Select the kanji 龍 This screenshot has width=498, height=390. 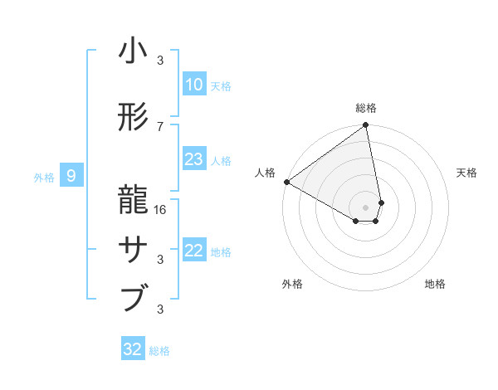[x=133, y=199]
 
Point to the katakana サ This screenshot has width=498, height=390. [x=133, y=249]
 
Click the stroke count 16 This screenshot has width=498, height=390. [x=161, y=209]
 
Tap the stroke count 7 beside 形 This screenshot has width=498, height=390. [x=161, y=126]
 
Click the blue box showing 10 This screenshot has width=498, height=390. [x=193, y=85]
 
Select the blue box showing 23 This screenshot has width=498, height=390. [x=193, y=159]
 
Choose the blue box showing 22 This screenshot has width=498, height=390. [x=193, y=251]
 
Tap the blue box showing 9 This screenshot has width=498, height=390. [x=71, y=175]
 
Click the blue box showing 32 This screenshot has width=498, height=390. [x=133, y=349]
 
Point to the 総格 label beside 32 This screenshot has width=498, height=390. [x=159, y=351]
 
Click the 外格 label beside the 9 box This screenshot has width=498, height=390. [x=44, y=177]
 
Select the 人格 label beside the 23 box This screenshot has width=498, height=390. [x=221, y=161]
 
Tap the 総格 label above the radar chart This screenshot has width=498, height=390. [x=366, y=108]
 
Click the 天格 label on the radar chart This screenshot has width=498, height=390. [x=466, y=173]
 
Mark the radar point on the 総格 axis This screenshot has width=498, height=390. [x=366, y=125]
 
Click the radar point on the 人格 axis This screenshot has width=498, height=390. [x=286, y=182]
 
